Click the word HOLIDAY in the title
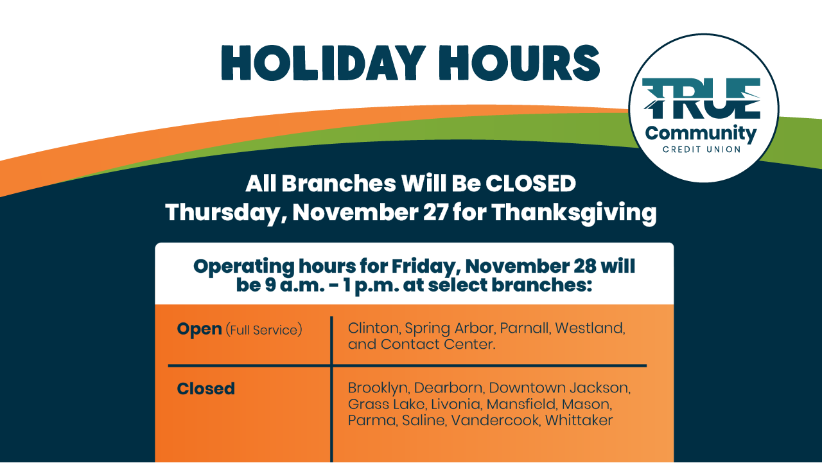(323, 63)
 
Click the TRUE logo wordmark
(701, 98)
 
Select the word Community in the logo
(701, 134)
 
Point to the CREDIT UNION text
(702, 150)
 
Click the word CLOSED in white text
(530, 184)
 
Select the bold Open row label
(199, 329)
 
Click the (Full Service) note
(264, 330)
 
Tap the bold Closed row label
(206, 389)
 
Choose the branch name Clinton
(373, 329)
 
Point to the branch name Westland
(590, 328)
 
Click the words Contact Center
(437, 344)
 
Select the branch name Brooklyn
(378, 389)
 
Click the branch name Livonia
(456, 405)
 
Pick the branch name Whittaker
(579, 421)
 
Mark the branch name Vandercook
(495, 421)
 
